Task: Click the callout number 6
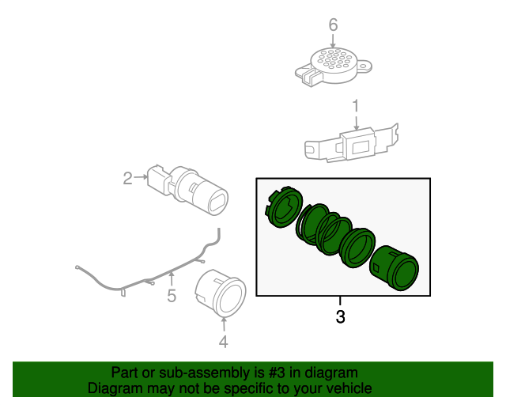[333, 25]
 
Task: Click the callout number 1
[355, 106]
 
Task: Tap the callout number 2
[128, 178]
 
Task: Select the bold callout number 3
[341, 317]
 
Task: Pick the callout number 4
[223, 342]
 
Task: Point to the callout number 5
[172, 296]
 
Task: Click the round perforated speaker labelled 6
[334, 67]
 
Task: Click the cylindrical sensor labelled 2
[188, 190]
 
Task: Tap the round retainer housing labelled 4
[221, 293]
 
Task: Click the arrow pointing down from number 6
[333, 41]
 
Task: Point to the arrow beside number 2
[141, 176]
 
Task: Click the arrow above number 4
[223, 325]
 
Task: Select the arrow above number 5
[172, 279]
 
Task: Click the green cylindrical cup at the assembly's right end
[394, 268]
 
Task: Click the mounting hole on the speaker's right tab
[363, 66]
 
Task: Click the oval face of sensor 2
[218, 203]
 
